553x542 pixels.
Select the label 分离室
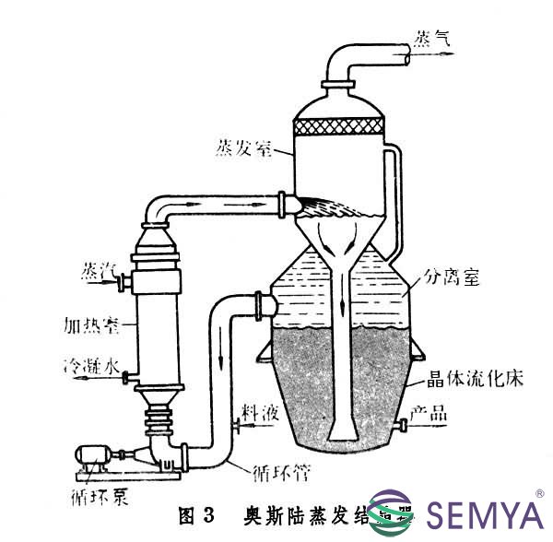(x=452, y=275)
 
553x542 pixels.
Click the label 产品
(x=429, y=415)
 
